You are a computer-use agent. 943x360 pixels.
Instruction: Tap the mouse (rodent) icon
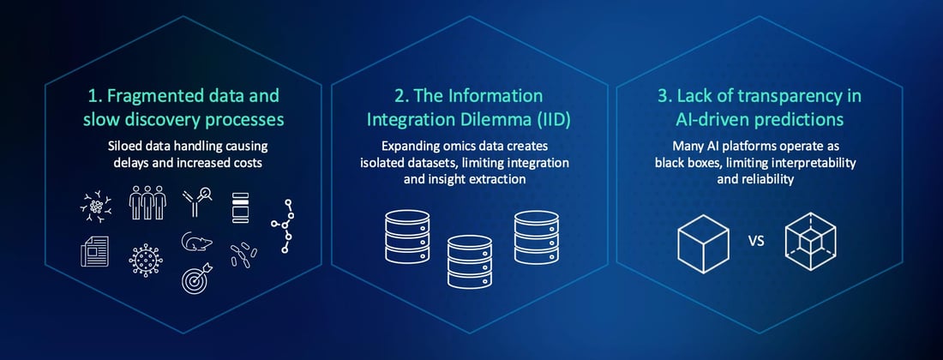[196, 244]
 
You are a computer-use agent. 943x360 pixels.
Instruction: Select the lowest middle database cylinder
[470, 261]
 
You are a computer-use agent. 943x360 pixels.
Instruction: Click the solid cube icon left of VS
[702, 242]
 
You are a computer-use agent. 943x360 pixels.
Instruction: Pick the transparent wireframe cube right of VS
[811, 242]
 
